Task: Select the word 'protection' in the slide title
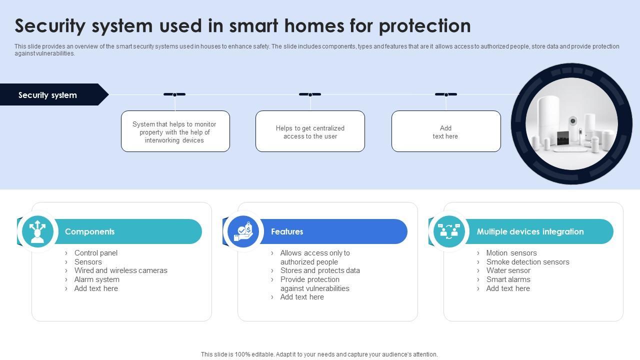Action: click(425, 26)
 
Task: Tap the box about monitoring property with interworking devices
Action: click(175, 131)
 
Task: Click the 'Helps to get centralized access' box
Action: click(310, 131)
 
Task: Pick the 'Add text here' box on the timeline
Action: click(446, 131)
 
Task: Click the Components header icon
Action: click(37, 231)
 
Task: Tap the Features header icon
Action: click(243, 231)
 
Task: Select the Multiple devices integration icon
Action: click(449, 231)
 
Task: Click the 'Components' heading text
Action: click(89, 231)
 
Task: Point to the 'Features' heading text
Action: click(287, 231)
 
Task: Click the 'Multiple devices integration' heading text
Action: click(530, 231)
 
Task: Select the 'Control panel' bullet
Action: click(96, 253)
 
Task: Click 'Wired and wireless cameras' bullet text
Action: click(121, 270)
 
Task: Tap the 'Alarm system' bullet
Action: click(97, 279)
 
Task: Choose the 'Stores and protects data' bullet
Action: click(320, 270)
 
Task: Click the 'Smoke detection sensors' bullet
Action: click(527, 261)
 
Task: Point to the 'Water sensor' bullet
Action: click(508, 270)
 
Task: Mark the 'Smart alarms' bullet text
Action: click(508, 279)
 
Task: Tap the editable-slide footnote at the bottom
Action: click(319, 354)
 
